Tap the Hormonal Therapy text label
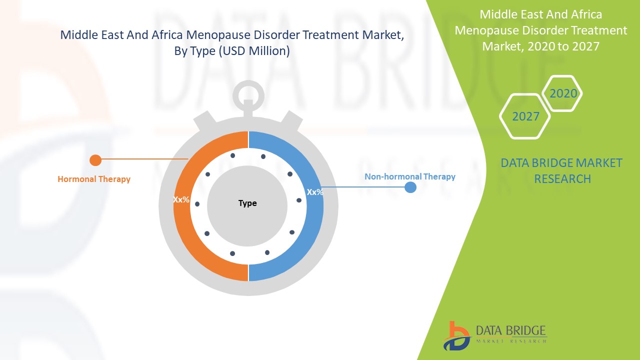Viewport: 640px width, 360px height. point(94,179)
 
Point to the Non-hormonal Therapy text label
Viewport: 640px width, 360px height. point(409,176)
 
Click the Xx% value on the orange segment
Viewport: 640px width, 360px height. point(181,199)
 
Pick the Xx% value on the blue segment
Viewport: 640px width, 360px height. point(314,192)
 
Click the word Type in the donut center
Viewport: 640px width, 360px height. point(247,203)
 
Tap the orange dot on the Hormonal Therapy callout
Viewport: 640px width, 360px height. point(95,160)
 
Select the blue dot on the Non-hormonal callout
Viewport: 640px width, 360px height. point(410,187)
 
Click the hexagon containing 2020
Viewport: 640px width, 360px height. point(563,93)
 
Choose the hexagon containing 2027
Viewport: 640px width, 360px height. point(525,116)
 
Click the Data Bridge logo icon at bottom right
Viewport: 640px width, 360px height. point(455,335)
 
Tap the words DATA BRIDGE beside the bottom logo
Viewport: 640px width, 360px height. point(511,330)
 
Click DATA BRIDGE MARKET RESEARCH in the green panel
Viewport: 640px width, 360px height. point(561,170)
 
